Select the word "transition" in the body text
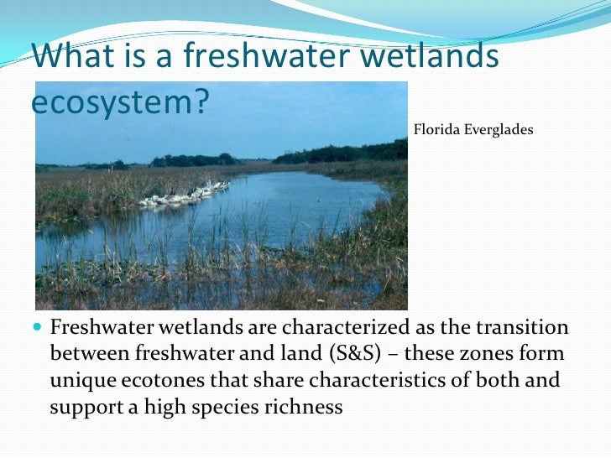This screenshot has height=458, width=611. [525, 327]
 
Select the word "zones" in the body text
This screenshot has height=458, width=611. [481, 354]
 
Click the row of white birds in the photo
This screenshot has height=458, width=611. [185, 195]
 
